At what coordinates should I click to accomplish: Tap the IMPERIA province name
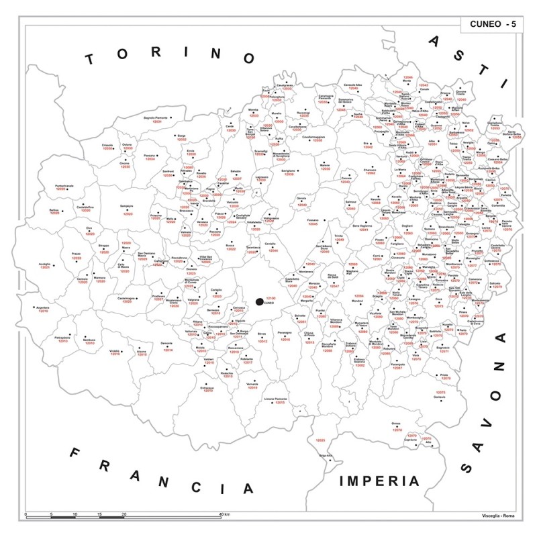pos(379,481)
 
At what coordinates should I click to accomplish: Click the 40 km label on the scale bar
pos(226,514)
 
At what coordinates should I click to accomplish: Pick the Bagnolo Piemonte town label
pos(154,118)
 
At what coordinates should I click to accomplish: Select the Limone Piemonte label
pos(275,399)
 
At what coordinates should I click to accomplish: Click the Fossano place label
pos(312,220)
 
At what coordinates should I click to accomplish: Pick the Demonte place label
pos(167,343)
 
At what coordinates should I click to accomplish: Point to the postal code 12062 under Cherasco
pos(371,173)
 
